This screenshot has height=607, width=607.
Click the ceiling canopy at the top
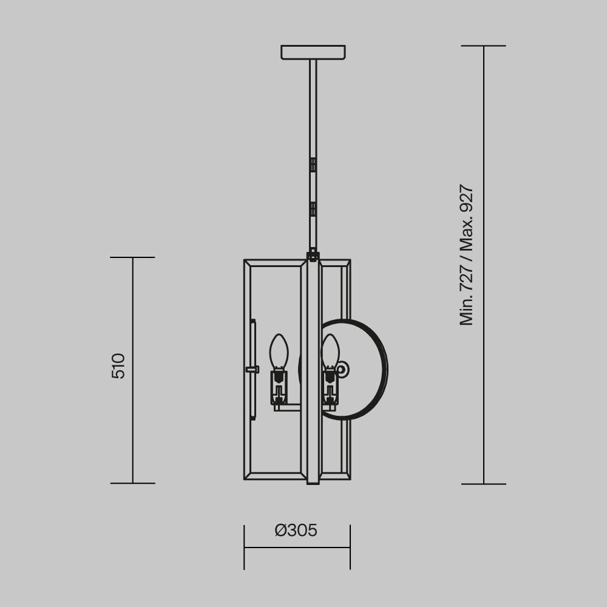coord(313,52)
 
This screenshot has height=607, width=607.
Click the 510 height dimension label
coord(119,365)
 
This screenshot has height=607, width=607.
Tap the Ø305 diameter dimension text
coord(296,531)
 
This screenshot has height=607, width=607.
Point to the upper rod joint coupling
coord(313,164)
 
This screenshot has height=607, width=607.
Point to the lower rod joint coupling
coord(313,209)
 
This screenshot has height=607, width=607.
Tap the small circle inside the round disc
coord(342,368)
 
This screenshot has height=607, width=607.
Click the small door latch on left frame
coord(252,369)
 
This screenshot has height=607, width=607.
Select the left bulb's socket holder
coord(279,387)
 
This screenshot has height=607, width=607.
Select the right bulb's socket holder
coord(330,387)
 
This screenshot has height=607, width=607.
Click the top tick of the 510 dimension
coord(132,257)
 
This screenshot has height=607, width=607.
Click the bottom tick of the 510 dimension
coord(132,483)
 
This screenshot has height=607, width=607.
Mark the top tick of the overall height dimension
coord(483,46)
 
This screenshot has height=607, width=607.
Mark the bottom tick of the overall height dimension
coord(483,484)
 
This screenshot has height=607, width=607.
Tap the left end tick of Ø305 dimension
coord(244,547)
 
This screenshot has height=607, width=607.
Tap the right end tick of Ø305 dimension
coord(350,547)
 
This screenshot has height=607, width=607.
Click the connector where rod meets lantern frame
coord(313,255)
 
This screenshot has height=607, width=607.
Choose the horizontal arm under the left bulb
coord(289,408)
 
